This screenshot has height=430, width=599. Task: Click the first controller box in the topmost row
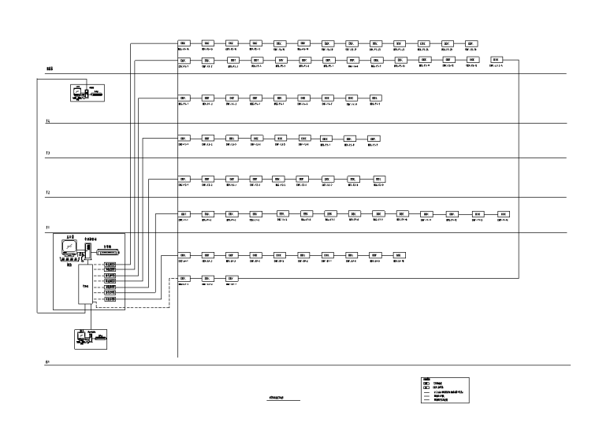[x=183, y=43]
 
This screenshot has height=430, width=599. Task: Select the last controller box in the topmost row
[x=471, y=43]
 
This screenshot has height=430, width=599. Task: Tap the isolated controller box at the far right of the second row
[x=496, y=60]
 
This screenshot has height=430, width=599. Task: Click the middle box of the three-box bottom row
[x=207, y=279]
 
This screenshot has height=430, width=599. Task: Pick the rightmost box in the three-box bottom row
[x=232, y=279]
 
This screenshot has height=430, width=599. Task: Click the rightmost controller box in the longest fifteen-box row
[x=504, y=213]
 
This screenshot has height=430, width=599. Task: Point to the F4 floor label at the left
[x=48, y=121]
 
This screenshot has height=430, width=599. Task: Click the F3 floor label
[x=48, y=153]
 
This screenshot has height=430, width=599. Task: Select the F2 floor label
[x=48, y=192]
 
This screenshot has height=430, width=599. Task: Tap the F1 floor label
[x=48, y=228]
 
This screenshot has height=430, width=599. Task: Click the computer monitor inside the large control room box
[x=69, y=248]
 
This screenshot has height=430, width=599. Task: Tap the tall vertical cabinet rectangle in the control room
[x=86, y=287]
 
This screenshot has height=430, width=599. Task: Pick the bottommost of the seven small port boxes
[x=110, y=300]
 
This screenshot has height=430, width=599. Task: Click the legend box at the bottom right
[x=445, y=390]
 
